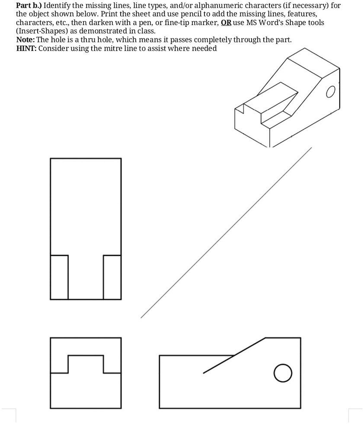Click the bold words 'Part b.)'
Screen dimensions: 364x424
coord(29,6)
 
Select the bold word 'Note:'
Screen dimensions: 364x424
coord(26,40)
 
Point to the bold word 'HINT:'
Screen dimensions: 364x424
coord(26,48)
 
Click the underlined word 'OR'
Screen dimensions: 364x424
coord(226,22)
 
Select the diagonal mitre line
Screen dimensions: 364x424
coord(226,233)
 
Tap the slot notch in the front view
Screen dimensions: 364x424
coord(86,355)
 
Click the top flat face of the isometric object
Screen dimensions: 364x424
coord(313,63)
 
